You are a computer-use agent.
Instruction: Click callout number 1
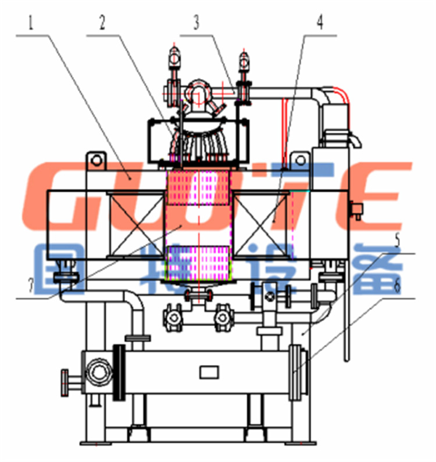31,23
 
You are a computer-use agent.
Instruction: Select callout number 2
102,23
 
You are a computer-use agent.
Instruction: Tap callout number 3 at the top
196,23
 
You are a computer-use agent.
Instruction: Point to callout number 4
320,22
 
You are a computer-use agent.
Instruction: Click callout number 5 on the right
398,240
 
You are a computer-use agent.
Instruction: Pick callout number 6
398,286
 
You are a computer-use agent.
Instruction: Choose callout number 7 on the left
31,286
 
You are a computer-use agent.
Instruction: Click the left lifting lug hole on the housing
96,161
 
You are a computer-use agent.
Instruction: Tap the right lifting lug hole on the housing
301,161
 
